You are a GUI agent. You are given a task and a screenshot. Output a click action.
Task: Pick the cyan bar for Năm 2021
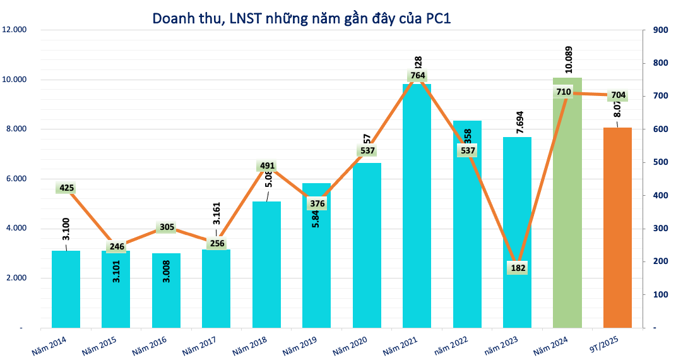click(417, 208)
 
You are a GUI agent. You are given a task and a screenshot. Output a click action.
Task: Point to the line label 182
click(517, 268)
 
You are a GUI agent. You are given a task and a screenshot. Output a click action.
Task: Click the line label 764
click(417, 76)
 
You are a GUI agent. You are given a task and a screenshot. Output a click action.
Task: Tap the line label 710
click(564, 92)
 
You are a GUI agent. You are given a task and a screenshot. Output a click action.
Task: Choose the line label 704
click(618, 95)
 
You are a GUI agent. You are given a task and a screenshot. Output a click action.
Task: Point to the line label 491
click(267, 167)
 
